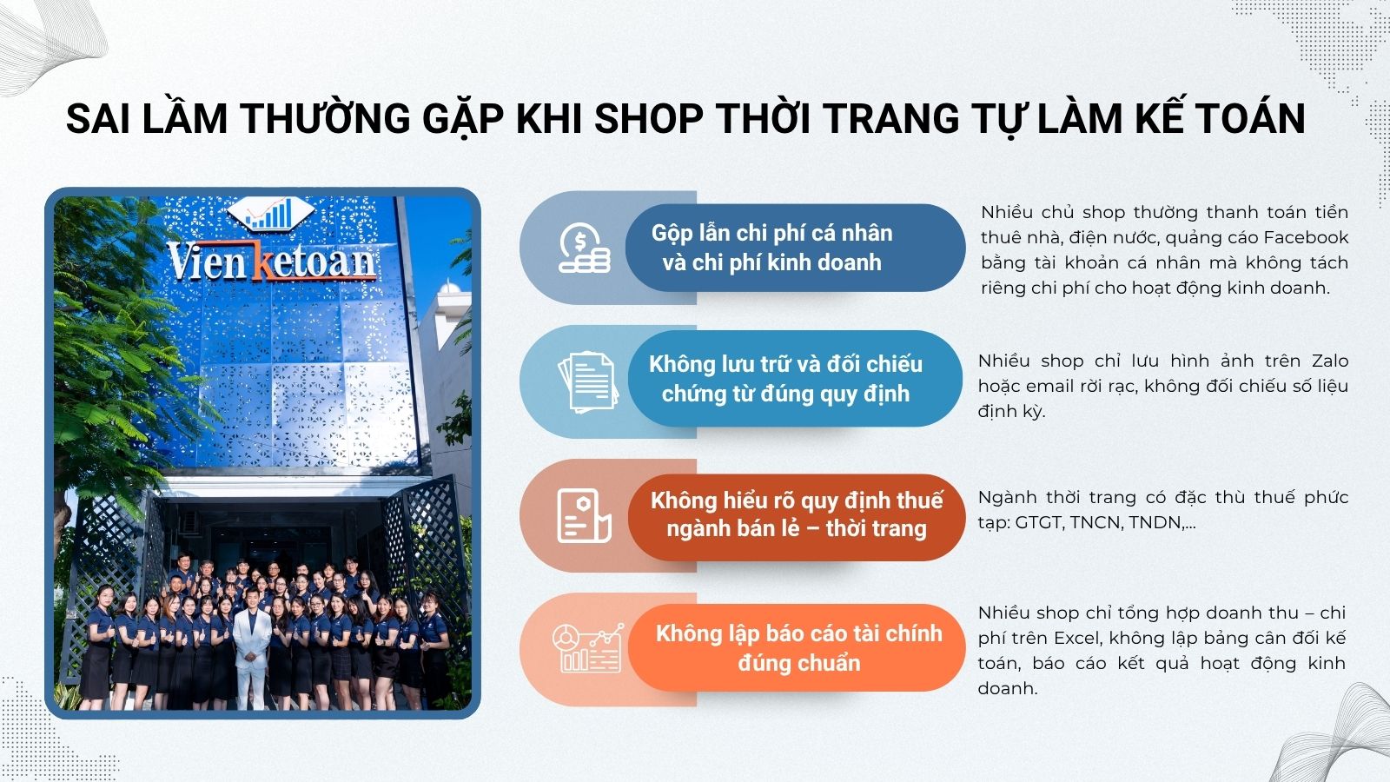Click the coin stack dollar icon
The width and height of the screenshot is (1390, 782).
(584, 248)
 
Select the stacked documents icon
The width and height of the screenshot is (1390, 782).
(587, 381)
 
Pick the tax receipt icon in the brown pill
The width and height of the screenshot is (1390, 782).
(584, 516)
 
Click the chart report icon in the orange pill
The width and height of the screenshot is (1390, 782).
(587, 648)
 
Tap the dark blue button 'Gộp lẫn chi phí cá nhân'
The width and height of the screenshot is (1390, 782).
(795, 248)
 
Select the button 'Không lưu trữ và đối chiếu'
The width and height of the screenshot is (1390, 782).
(795, 379)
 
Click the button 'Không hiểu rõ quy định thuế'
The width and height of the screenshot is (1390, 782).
(796, 514)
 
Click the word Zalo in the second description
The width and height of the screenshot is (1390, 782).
(1330, 361)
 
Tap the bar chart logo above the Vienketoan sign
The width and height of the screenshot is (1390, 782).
(270, 213)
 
